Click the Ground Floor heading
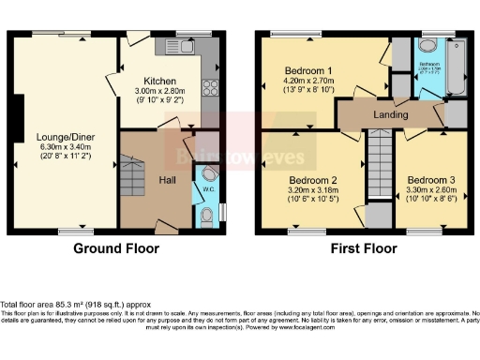click(115, 248)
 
